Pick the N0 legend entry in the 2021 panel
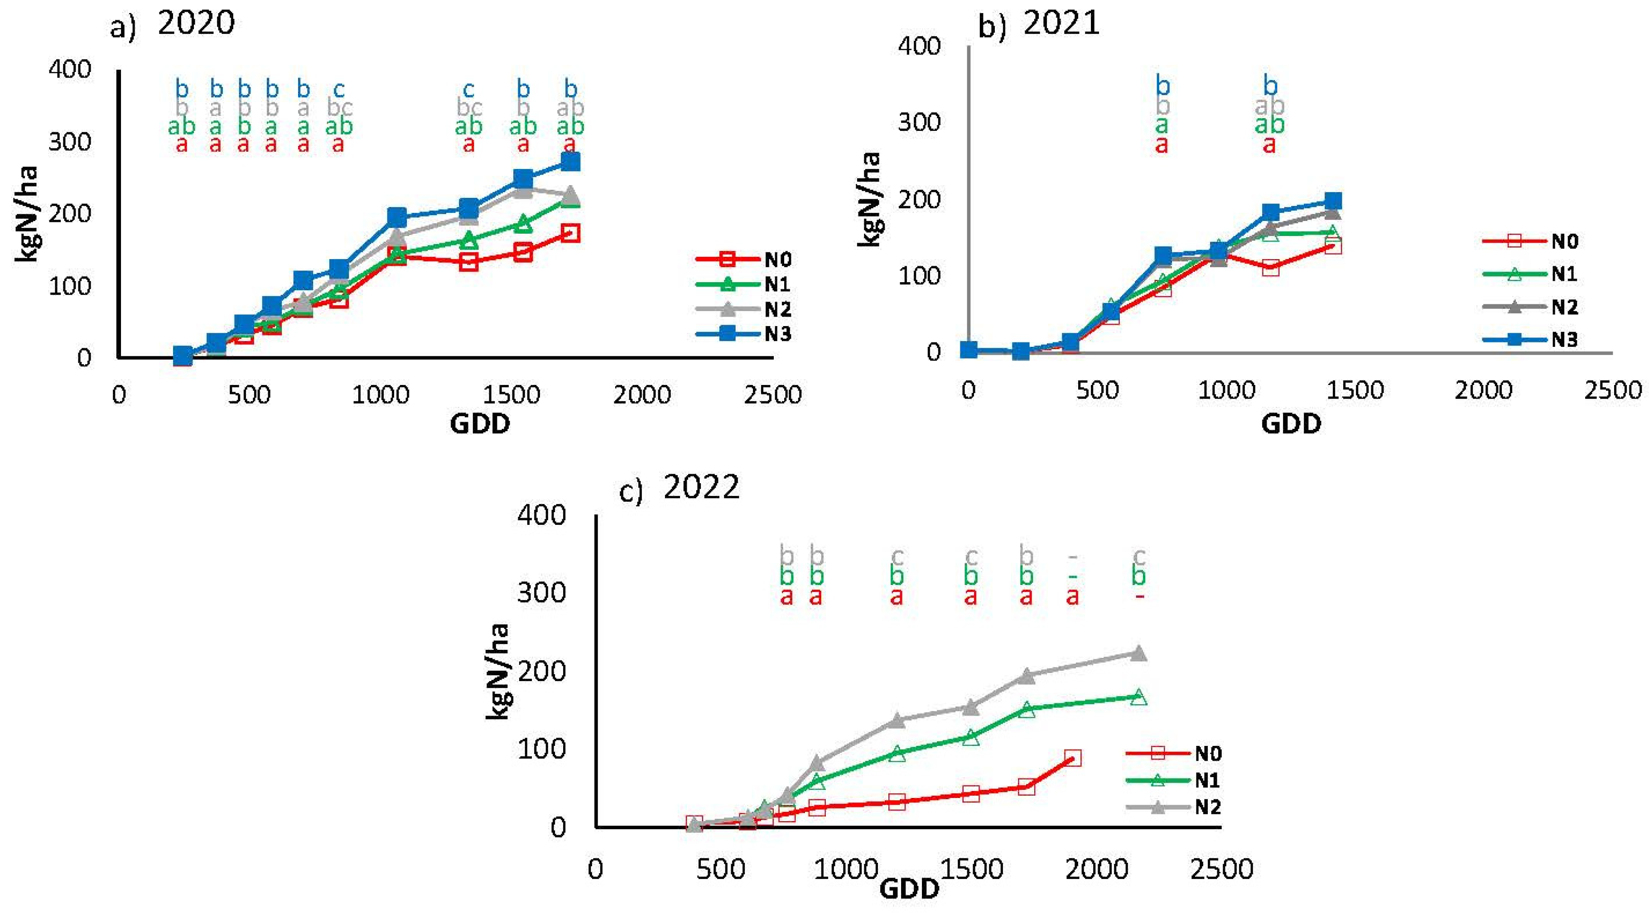click(x=1530, y=241)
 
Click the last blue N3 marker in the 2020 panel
click(x=570, y=161)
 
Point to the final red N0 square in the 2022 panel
click(x=1072, y=758)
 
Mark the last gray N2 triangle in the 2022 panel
click(x=1138, y=653)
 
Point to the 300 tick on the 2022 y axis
click(x=541, y=593)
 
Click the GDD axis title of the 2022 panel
click(x=909, y=889)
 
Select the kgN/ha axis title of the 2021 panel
click(x=869, y=199)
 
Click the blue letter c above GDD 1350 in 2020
click(x=468, y=89)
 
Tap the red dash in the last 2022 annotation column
click(x=1139, y=597)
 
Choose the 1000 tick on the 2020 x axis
click(x=380, y=395)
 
